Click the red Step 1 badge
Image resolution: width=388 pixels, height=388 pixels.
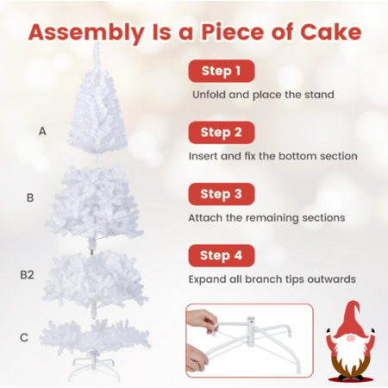(222, 71)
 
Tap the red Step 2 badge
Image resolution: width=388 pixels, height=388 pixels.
(222, 133)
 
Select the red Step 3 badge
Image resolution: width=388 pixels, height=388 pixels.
(222, 194)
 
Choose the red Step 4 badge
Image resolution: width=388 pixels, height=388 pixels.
(222, 255)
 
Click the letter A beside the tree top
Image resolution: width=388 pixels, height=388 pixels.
(42, 131)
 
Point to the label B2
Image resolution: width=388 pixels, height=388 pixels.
(27, 275)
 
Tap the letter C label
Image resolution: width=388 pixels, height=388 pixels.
(24, 337)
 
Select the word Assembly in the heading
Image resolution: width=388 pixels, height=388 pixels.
(86, 34)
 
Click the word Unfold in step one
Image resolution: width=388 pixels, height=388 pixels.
(210, 95)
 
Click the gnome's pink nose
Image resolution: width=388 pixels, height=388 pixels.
(350, 338)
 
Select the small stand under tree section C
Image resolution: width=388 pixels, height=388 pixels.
(94, 366)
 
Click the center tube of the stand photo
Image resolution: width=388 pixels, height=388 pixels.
(251, 328)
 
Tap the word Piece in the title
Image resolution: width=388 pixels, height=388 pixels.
(232, 32)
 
